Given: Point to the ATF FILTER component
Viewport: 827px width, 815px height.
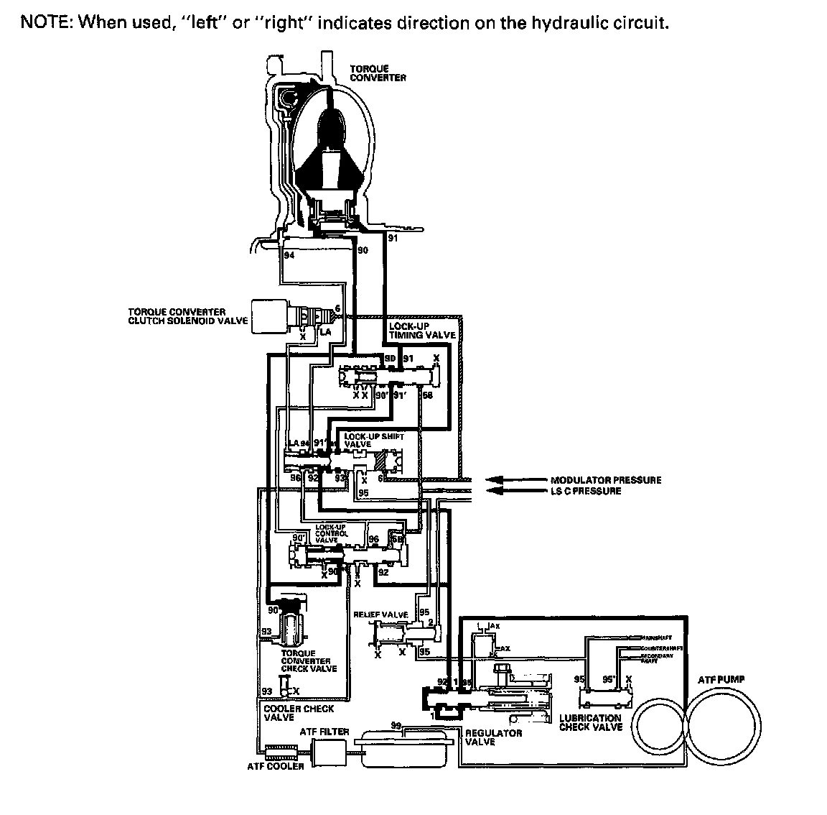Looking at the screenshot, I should pos(328,752).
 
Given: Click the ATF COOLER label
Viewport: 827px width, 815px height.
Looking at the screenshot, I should pos(275,766).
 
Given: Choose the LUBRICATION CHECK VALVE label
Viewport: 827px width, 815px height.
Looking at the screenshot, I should pos(590,722).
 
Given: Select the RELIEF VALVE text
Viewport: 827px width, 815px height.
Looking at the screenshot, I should pos(380,615).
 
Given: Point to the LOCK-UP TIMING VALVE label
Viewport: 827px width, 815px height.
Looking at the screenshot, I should pos(421,331).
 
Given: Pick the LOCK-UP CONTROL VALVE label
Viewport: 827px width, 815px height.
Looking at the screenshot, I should pos(331,533).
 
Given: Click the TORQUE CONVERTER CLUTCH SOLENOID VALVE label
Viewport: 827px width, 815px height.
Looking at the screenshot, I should pos(186,316).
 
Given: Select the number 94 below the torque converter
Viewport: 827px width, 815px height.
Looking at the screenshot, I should pos(289,255).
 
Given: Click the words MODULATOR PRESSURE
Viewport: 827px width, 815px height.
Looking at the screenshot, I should pos(606,480).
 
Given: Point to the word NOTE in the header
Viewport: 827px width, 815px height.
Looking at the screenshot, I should pos(44,22).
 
